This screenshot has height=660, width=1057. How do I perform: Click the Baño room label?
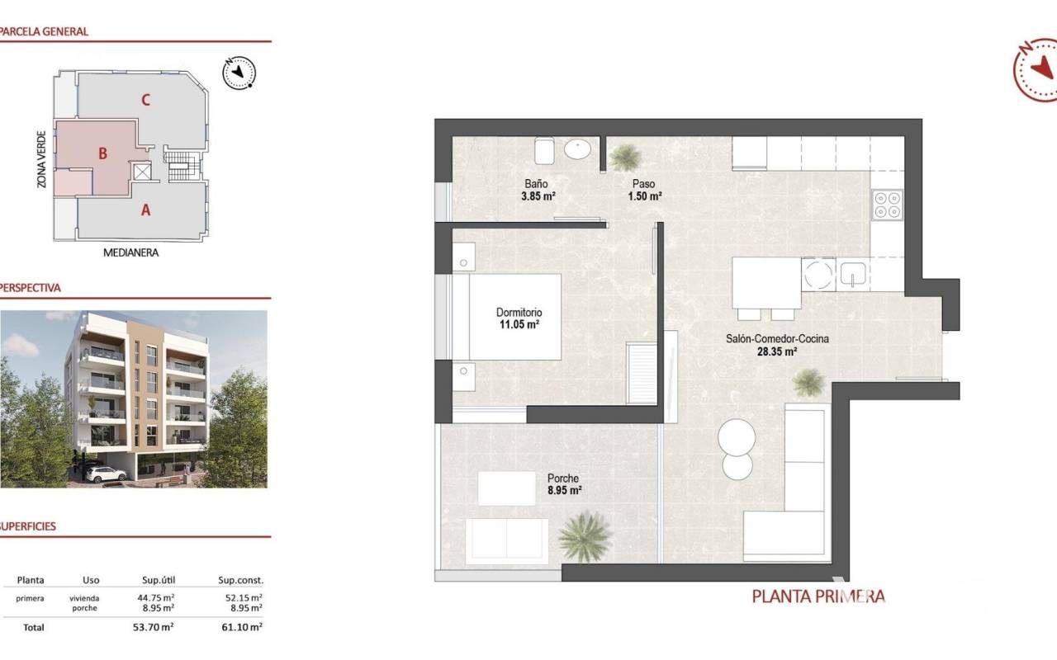(x=536, y=183)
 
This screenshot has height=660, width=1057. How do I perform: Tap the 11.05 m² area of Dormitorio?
(x=519, y=324)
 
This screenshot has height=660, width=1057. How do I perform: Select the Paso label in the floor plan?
(x=643, y=183)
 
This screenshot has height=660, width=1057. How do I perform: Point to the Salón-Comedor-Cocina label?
(x=777, y=338)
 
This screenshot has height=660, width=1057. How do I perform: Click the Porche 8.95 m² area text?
(x=564, y=490)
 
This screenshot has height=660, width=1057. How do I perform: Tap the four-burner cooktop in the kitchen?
(x=887, y=205)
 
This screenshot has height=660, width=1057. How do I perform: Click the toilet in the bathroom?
(x=544, y=150)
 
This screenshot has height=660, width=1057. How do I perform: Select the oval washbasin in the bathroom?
(x=577, y=149)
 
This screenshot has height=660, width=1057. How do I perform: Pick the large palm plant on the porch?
(x=585, y=537)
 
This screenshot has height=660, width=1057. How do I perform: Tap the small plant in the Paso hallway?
(x=625, y=158)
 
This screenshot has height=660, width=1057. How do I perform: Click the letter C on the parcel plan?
(x=146, y=100)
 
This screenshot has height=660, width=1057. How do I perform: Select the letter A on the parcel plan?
(x=146, y=210)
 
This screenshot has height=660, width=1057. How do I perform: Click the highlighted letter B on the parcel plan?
(x=102, y=153)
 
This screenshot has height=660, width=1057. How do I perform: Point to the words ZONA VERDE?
(x=42, y=159)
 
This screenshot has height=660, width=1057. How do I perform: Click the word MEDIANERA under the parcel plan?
(x=130, y=252)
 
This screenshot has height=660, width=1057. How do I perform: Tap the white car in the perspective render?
(x=107, y=474)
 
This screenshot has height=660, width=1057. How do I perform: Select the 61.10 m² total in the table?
(x=242, y=627)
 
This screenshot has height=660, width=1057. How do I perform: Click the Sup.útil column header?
(x=159, y=580)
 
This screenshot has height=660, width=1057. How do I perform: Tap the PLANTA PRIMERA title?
(x=818, y=596)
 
